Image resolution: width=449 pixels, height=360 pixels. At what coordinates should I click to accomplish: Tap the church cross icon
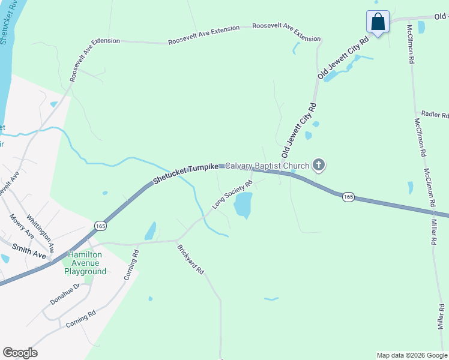coord(318,165)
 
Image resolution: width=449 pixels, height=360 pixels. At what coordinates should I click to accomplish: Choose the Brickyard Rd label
coord(191,259)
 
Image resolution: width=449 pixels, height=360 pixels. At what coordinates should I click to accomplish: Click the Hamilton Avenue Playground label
coord(85,263)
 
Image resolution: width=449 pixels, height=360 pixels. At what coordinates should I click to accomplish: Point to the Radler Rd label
coord(435,115)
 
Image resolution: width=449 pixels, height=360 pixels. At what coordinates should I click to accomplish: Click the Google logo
coord(20,353)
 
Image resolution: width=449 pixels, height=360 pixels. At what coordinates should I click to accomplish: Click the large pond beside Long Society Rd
coord(243,205)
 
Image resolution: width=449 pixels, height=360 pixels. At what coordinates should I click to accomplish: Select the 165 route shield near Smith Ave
coord(100,225)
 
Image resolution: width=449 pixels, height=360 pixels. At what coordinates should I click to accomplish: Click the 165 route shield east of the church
coord(348,196)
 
